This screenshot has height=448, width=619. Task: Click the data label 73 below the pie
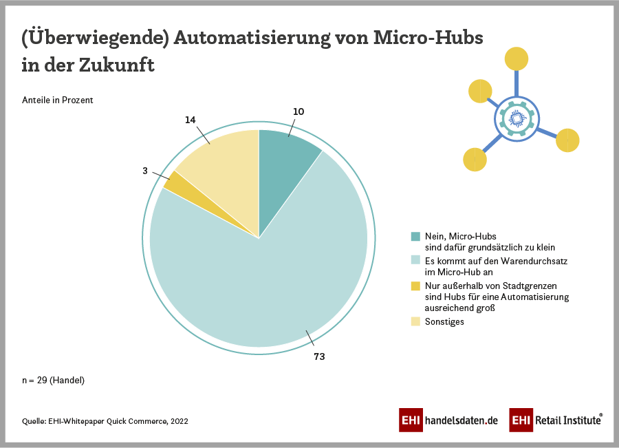coord(319,356)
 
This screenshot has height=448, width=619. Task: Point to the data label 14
coord(191,120)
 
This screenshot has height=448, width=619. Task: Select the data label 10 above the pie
coord(298,111)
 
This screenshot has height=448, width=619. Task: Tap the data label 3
coord(145,170)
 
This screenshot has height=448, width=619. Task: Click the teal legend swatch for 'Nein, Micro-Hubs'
coord(415,237)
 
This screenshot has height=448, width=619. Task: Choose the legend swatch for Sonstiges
coord(415,321)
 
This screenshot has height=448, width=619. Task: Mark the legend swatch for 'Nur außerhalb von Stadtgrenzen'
coord(415,286)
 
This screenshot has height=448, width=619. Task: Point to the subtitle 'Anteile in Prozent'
coord(58,100)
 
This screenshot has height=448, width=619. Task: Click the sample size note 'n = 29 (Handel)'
coord(54,380)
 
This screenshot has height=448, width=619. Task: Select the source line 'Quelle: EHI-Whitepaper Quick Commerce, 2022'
coord(105,421)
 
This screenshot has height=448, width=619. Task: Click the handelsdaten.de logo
coord(448,420)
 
